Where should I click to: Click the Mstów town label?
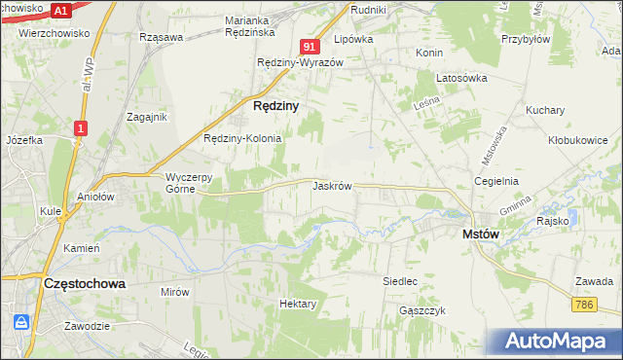pos(481,234)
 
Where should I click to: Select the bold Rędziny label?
pos(275,104)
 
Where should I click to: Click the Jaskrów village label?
pos(332,185)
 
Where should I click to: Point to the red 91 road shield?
pos(310,47)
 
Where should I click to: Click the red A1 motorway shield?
pos(60,11)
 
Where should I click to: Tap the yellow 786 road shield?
pos(584,305)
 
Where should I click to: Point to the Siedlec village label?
pos(400,281)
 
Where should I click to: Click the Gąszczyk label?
pos(421,310)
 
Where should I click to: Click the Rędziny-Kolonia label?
pos(242,138)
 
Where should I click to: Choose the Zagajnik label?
pos(147,117)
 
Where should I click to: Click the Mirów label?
pos(175,291)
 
